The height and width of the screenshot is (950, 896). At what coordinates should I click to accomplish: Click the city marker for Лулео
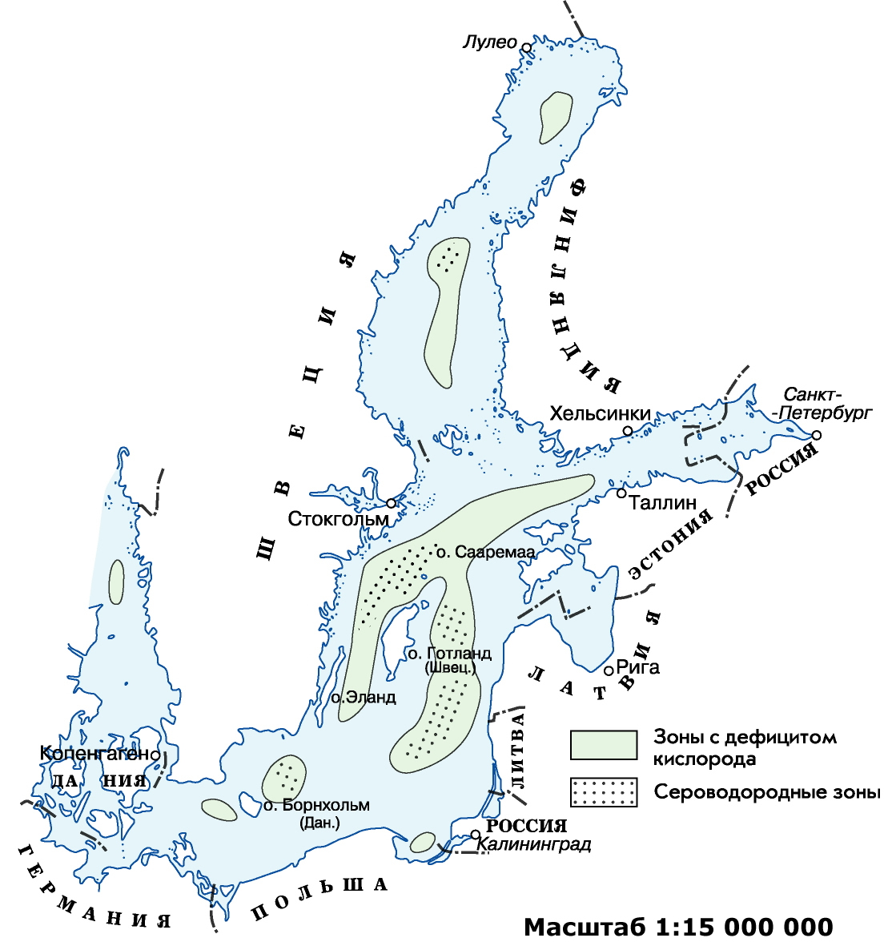(x=526, y=47)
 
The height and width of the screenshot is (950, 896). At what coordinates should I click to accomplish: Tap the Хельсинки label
(x=600, y=413)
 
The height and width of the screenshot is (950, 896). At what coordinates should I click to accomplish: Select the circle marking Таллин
(x=621, y=493)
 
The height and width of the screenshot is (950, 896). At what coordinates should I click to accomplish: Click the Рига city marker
(x=609, y=670)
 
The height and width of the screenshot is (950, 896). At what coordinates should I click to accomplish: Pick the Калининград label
(x=534, y=844)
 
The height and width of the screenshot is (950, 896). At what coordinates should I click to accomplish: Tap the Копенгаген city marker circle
(x=154, y=754)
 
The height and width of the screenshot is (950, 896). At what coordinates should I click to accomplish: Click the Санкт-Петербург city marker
(x=816, y=435)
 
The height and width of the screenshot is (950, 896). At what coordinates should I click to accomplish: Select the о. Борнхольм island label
(x=317, y=806)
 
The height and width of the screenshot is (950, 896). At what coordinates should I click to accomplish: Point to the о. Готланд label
(x=449, y=654)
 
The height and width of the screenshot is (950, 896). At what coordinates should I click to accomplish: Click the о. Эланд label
(x=364, y=698)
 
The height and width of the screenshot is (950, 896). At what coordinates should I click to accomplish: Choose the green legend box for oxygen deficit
(x=604, y=744)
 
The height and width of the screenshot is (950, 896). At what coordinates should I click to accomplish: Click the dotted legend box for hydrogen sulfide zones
(x=604, y=791)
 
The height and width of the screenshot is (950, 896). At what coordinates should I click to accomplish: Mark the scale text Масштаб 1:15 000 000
(x=678, y=927)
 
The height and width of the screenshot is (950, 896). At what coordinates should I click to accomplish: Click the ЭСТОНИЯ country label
(x=671, y=544)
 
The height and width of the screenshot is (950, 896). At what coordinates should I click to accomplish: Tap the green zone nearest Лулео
(x=555, y=115)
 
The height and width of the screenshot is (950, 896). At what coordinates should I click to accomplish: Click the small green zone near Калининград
(x=422, y=842)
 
